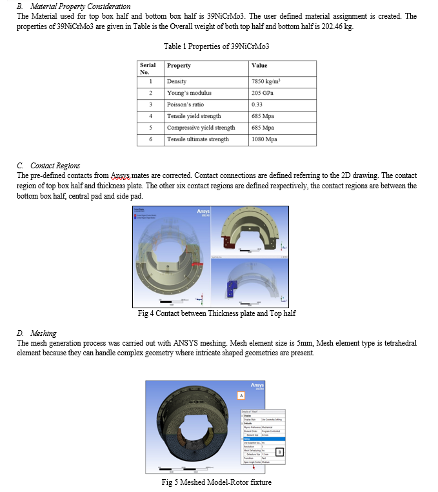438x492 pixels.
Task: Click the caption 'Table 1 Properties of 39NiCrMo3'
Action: click(216, 46)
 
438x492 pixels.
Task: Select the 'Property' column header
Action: click(179, 66)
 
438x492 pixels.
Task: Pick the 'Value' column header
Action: click(259, 66)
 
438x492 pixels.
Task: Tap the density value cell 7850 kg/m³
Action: click(266, 82)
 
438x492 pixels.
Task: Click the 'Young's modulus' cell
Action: click(189, 93)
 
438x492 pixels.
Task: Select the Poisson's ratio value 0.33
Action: click(257, 104)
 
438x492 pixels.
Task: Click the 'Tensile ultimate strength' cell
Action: click(197, 139)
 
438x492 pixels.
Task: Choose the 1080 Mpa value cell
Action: click(264, 139)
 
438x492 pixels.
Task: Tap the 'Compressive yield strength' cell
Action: click(201, 128)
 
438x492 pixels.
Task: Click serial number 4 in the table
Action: click(150, 116)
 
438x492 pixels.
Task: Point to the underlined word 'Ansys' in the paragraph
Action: click(121, 175)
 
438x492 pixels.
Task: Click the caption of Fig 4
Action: click(217, 313)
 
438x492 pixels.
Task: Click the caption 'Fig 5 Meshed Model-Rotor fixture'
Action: click(216, 482)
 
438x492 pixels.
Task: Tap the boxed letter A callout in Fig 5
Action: click(241, 395)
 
